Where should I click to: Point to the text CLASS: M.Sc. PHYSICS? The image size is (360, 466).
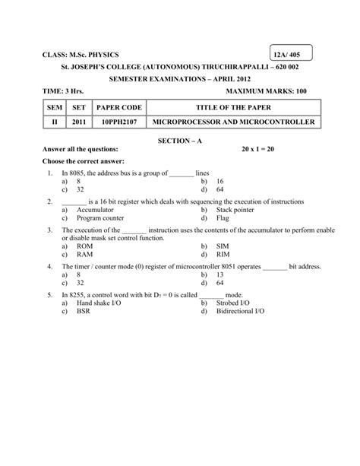(81, 55)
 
